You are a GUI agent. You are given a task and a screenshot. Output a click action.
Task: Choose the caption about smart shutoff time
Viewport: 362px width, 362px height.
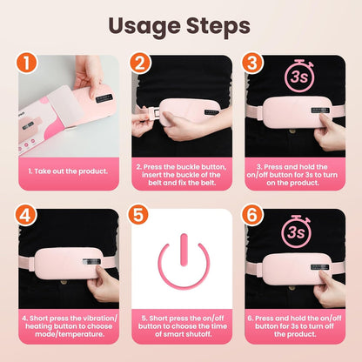point(181,326)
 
